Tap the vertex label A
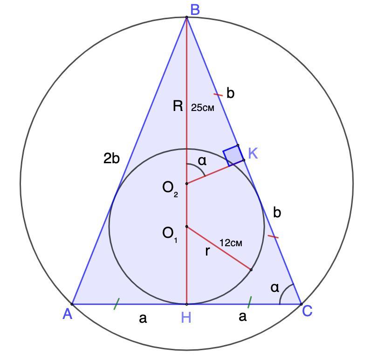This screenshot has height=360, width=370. (x=68, y=315)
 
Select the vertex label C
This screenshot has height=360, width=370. (x=307, y=311)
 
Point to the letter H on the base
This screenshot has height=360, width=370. (x=186, y=318)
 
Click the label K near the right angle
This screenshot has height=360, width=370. (x=253, y=153)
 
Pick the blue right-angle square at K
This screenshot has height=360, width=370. (x=233, y=155)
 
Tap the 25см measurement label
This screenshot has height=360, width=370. (x=203, y=108)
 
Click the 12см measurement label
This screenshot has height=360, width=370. (x=231, y=243)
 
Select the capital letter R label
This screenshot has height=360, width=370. (x=178, y=106)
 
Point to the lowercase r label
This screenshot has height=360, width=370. (x=207, y=252)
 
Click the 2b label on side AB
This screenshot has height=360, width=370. (x=111, y=159)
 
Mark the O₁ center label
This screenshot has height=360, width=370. (x=170, y=233)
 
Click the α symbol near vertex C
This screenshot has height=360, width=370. (x=275, y=288)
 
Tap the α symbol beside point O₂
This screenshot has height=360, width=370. (x=202, y=161)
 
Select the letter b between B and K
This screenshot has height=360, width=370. (x=230, y=93)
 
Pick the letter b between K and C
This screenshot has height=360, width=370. (x=277, y=213)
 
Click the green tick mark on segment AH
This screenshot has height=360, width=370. (x=116, y=304)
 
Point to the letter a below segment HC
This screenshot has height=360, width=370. (x=242, y=317)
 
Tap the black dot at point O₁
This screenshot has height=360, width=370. (x=186, y=227)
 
